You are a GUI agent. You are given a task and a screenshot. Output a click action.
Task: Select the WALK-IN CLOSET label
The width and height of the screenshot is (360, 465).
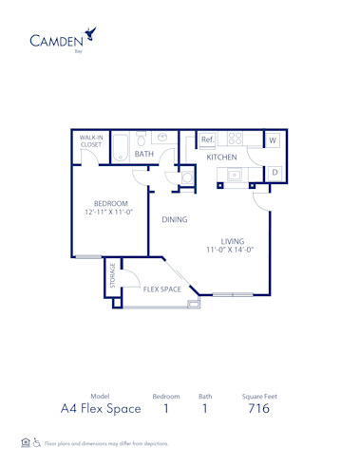[92, 140]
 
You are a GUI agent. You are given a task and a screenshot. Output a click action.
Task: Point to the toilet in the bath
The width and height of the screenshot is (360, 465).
[140, 139]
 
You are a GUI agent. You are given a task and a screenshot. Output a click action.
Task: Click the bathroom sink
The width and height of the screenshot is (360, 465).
[162, 137]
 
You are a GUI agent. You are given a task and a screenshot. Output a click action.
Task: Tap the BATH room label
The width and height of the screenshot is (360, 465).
[144, 153]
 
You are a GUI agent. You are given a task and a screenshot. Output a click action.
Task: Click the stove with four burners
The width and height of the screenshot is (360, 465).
[235, 139]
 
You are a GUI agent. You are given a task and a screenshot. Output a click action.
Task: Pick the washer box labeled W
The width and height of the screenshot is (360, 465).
[273, 140]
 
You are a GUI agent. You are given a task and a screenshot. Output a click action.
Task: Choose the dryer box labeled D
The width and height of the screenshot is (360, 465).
[275, 172]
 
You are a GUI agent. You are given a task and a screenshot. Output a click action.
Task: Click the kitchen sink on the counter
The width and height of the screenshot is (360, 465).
[233, 174]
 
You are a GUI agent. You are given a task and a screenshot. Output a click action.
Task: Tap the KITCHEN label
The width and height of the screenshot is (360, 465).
[221, 157]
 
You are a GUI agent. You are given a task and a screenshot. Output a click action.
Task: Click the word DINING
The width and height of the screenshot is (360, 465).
[174, 219]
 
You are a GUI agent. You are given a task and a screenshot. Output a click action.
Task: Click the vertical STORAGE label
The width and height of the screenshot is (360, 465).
[113, 276]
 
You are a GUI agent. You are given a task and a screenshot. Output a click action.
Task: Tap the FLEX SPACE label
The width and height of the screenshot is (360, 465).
[162, 289]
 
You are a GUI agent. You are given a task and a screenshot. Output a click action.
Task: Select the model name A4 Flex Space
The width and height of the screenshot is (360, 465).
[101, 409]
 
